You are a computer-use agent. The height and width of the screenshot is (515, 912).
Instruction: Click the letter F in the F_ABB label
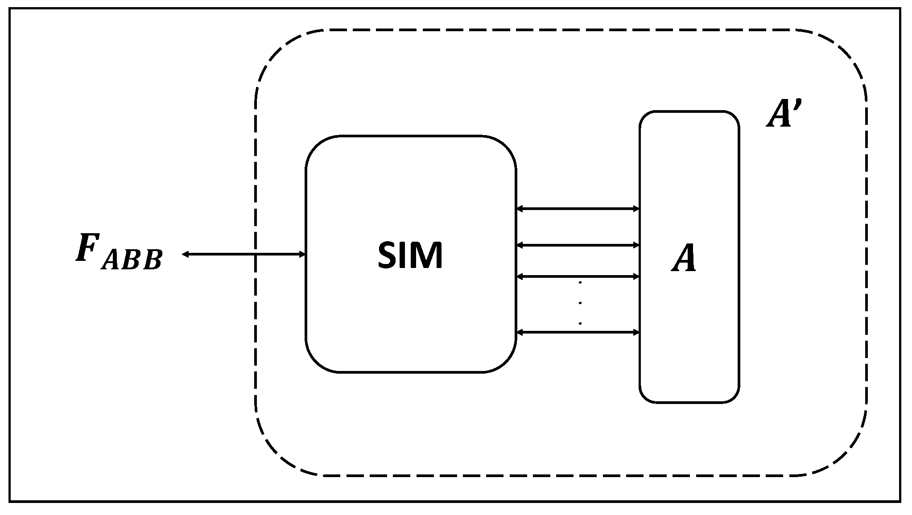(88, 247)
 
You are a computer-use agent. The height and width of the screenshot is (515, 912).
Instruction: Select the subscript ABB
(132, 260)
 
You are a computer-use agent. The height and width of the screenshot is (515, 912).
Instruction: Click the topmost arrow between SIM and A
(578, 208)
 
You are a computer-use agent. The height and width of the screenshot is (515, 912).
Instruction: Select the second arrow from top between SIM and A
(578, 245)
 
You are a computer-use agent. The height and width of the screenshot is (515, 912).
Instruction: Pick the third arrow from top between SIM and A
(578, 276)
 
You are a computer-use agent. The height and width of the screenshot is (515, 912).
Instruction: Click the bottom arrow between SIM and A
(578, 332)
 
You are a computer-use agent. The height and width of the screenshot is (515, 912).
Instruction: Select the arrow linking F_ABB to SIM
(243, 254)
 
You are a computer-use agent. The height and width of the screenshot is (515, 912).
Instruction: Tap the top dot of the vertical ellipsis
(580, 282)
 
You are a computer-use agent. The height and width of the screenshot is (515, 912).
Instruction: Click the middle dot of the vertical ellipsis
(580, 303)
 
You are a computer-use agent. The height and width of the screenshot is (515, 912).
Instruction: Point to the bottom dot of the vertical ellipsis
(580, 323)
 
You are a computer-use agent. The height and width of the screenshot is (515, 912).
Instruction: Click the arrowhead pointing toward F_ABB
(185, 254)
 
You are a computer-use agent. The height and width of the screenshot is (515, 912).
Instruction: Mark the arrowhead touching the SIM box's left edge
(302, 254)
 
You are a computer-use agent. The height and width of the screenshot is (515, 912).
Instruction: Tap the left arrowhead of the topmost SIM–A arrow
(520, 208)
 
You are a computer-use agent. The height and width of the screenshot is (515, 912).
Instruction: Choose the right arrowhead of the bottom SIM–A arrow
(636, 332)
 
